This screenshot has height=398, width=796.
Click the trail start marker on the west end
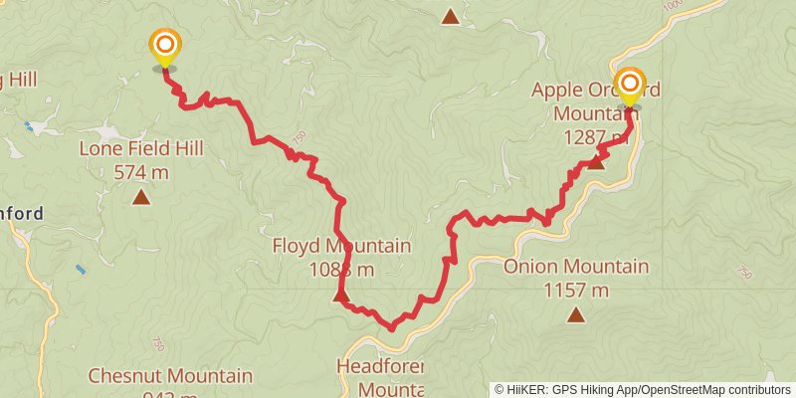[164, 47]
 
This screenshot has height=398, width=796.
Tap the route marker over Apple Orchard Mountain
[629, 84]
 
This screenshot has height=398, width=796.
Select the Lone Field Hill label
[141, 149]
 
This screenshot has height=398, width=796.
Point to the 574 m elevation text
[141, 171]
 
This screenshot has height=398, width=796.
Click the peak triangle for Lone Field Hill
[141, 197]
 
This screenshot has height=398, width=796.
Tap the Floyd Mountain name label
[341, 246]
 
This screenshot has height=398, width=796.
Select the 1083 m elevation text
[341, 269]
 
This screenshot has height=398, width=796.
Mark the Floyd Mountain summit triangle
[340, 296]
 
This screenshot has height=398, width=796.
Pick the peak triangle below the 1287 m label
[595, 161]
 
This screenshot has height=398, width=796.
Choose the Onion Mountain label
[576, 267]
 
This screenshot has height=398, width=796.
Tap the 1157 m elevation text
[576, 290]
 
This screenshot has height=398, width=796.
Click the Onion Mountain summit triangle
[576, 315]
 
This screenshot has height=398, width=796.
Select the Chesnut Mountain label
[170, 376]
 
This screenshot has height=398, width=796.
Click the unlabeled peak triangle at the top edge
[451, 16]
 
